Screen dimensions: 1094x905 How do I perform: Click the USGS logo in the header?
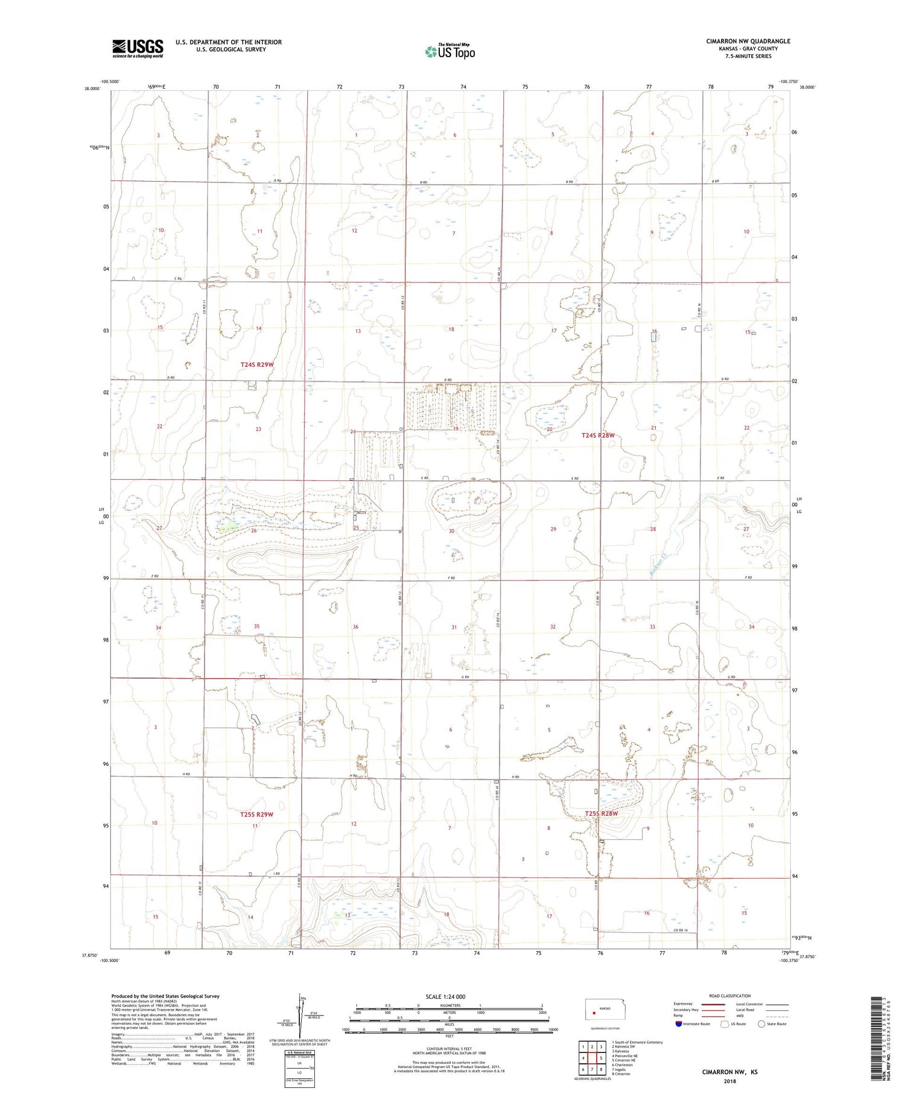138,48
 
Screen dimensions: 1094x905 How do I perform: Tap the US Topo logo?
449,52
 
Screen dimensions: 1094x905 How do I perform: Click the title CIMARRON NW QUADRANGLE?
748,41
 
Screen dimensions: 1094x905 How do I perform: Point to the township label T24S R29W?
257,364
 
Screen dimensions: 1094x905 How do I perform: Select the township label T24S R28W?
598,435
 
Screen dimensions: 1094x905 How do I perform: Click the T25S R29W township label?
256,814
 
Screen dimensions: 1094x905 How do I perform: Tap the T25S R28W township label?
602,813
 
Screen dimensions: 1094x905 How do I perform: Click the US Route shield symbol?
725,1024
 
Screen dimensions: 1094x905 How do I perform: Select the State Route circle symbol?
761,1024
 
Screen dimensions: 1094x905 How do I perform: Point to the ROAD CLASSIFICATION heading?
729,996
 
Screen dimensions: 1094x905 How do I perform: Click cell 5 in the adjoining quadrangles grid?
601,1058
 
